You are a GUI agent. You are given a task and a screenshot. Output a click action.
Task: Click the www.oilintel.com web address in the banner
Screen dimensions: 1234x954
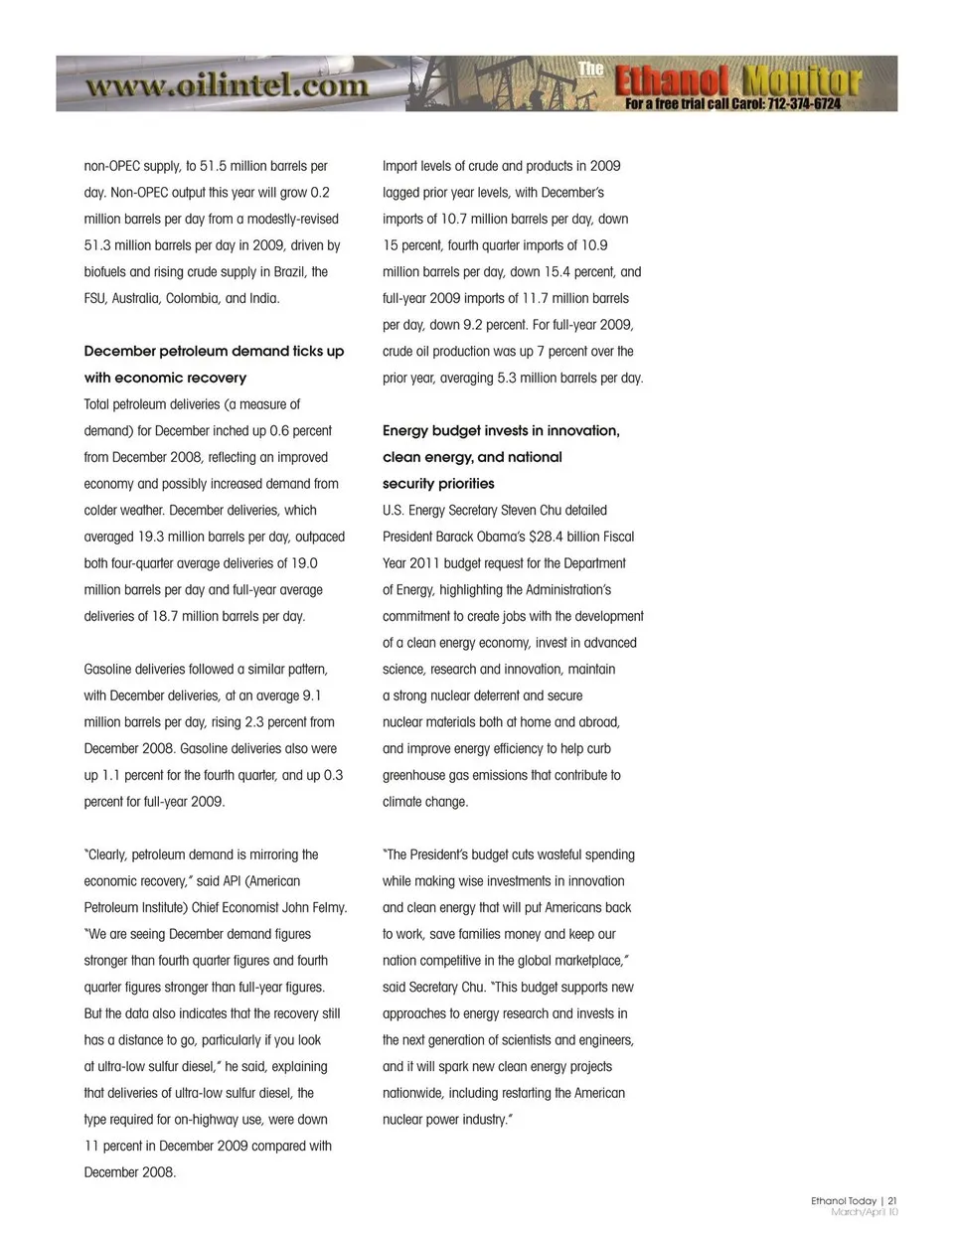[x=227, y=85]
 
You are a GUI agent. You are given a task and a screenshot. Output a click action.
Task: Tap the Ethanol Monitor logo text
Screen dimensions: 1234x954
[x=736, y=80]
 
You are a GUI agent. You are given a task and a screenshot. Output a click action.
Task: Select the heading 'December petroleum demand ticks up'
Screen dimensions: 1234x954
[x=214, y=351]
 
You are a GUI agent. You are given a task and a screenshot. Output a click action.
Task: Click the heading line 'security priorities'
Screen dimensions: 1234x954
[x=438, y=483]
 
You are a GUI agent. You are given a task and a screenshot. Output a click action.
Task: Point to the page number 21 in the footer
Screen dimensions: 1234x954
[x=891, y=1201]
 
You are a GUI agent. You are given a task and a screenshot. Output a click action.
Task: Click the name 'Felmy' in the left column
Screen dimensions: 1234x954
[x=328, y=907]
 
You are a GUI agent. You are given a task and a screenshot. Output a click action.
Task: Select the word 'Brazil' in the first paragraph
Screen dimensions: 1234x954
[x=284, y=271]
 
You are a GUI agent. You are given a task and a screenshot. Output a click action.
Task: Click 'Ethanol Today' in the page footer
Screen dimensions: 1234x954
[x=843, y=1201]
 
